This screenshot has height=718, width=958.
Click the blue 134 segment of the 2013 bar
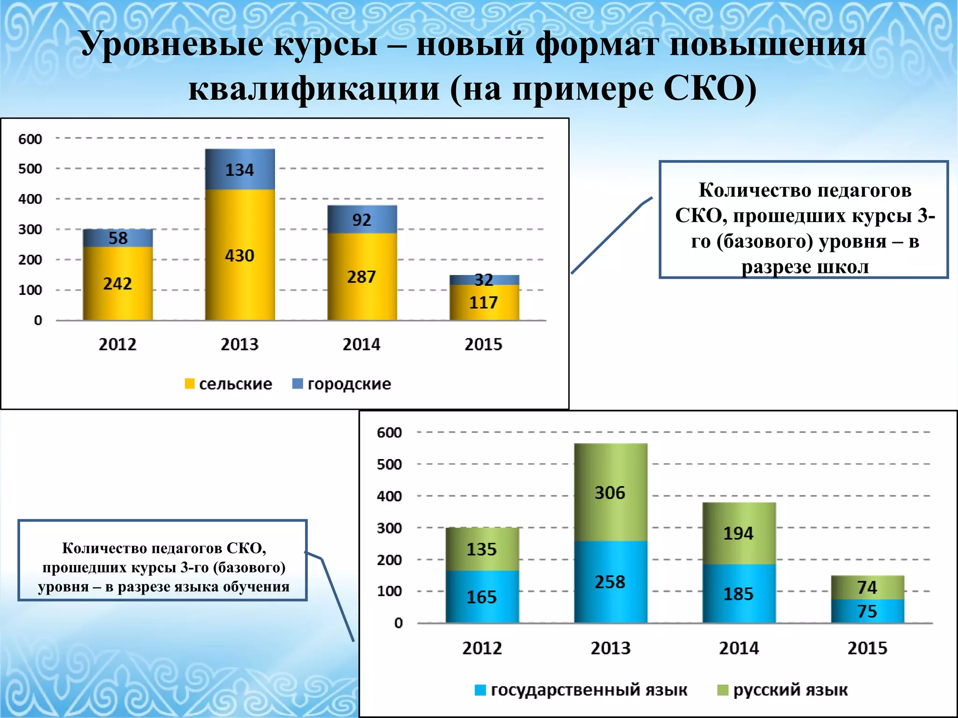pos(240,169)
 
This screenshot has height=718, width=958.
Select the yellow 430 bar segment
pos(240,255)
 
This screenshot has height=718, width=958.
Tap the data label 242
pos(117,283)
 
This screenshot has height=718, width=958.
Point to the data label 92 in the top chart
pos(362,220)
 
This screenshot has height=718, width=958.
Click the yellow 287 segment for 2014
pos(362,277)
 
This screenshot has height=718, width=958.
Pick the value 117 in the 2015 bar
pos(484,302)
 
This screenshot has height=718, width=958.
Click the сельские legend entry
pos(229,384)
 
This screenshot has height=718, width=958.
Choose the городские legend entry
pos(342,384)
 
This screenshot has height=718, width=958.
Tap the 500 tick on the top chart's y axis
pos(30,169)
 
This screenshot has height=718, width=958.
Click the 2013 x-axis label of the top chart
pos(239,345)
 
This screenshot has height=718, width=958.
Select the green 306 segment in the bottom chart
pos(610,493)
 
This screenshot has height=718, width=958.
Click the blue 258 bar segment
pos(610,582)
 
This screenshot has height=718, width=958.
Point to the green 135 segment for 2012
pos(482,549)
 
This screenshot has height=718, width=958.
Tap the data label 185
pos(739,594)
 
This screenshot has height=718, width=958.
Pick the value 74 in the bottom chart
pos(867,587)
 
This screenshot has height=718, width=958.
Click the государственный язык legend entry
pos(581,690)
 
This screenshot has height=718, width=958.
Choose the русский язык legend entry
pos(783,690)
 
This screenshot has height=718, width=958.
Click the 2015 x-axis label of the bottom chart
pos(867,648)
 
